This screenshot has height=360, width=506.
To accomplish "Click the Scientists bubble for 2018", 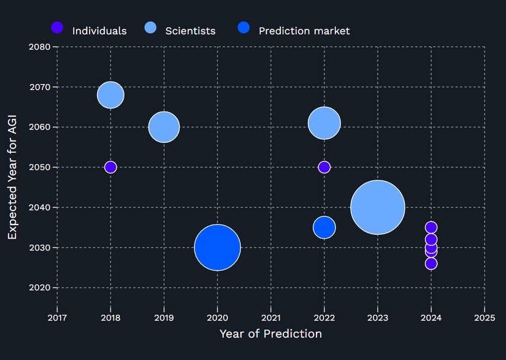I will pyautogui.click(x=110, y=95).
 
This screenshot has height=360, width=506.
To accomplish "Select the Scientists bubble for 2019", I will pyautogui.click(x=164, y=127).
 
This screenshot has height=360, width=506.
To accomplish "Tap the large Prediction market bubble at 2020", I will pyautogui.click(x=217, y=247).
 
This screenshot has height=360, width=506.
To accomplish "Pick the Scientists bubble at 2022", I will pyautogui.click(x=324, y=123).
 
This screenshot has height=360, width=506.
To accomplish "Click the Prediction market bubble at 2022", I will pyautogui.click(x=324, y=228).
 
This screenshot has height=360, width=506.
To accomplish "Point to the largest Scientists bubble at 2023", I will pyautogui.click(x=378, y=207).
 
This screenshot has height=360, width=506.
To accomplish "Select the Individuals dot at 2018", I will pyautogui.click(x=110, y=167).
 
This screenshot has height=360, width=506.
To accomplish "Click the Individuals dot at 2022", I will pyautogui.click(x=324, y=167).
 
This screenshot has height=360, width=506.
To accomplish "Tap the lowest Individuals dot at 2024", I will pyautogui.click(x=431, y=264).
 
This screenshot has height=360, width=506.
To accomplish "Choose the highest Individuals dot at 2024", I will pyautogui.click(x=431, y=228).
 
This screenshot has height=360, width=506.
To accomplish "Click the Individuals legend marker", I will pyautogui.click(x=57, y=28).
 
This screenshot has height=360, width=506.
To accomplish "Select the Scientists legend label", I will pyautogui.click(x=190, y=31).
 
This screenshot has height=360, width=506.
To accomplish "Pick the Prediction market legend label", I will pyautogui.click(x=304, y=31).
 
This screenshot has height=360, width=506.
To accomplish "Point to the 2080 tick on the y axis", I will pyautogui.click(x=39, y=47).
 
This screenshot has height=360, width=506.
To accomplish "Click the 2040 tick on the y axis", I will pyautogui.click(x=39, y=207).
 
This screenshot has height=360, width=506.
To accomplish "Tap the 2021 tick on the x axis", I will pyautogui.click(x=270, y=318).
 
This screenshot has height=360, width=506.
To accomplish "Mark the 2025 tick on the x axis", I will pyautogui.click(x=485, y=318).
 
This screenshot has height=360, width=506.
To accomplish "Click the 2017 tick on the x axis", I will pyautogui.click(x=57, y=318).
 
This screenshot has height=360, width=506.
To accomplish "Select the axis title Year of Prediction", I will pyautogui.click(x=270, y=334).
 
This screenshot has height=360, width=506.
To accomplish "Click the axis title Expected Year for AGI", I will pyautogui.click(x=12, y=167).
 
